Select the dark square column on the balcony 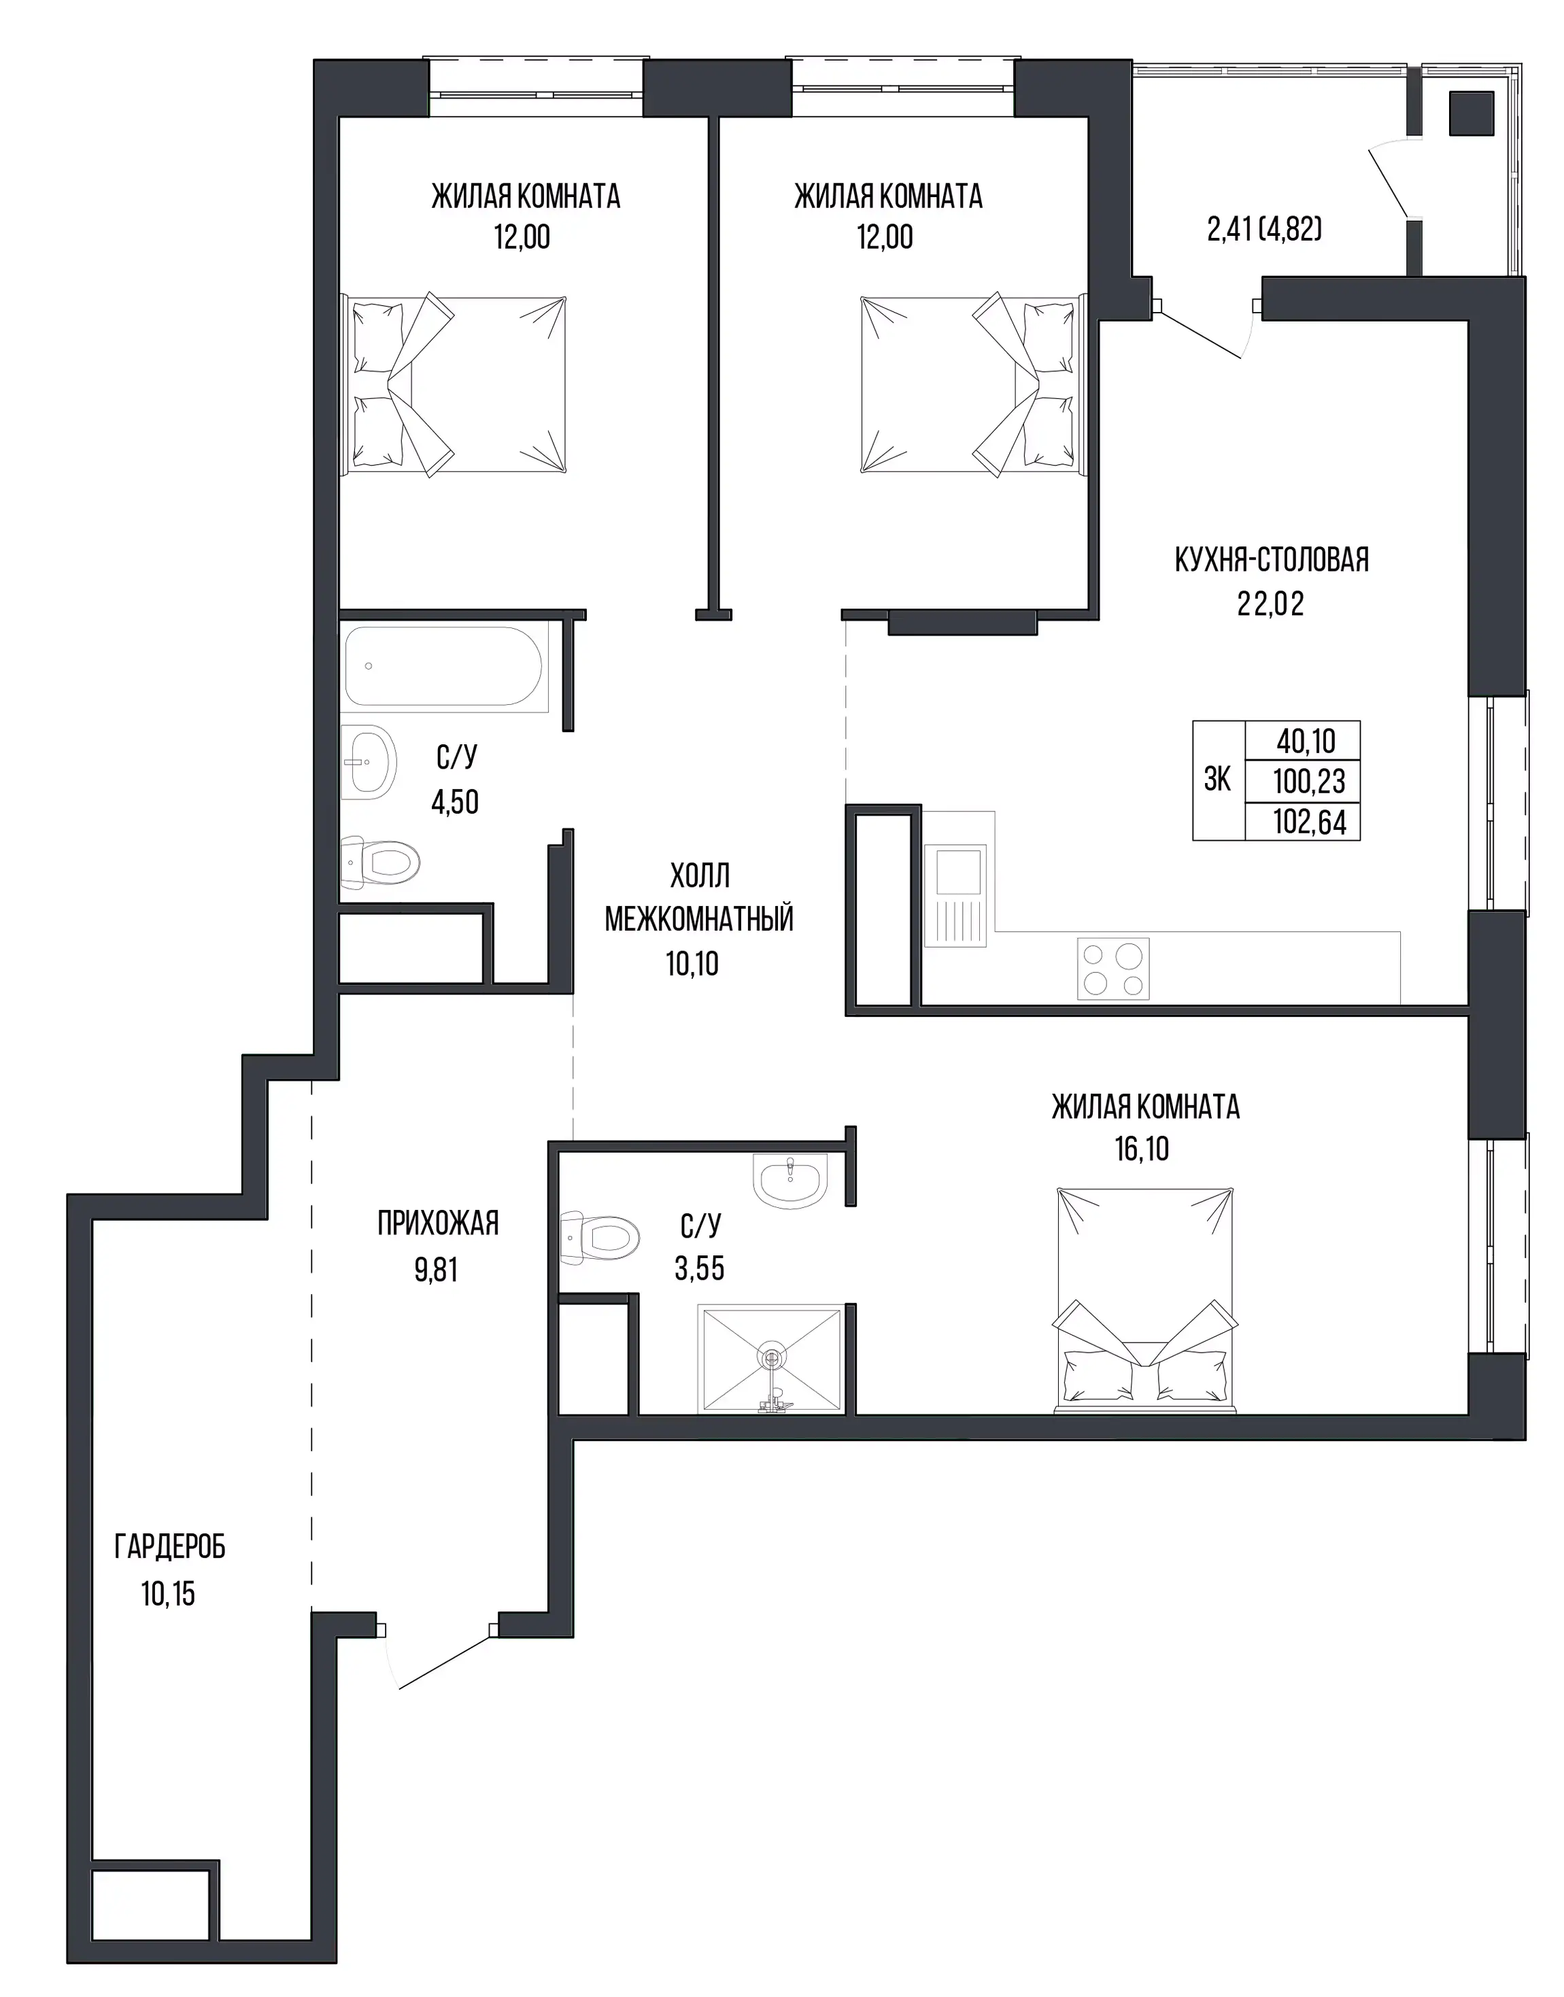[1472, 113]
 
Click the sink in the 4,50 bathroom [369, 761]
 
